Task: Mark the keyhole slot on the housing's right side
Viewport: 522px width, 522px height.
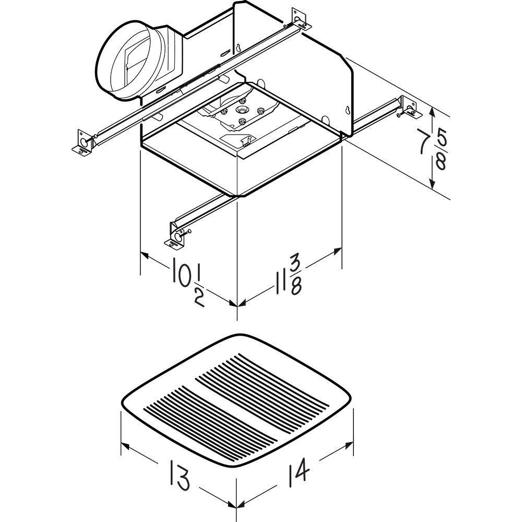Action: point(348,110)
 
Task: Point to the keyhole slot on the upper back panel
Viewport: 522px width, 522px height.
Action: point(239,48)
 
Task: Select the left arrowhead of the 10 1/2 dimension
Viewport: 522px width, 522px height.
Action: point(145,255)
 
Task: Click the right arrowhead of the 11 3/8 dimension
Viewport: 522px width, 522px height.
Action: point(337,251)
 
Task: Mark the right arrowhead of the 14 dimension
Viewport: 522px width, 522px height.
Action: point(348,444)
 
